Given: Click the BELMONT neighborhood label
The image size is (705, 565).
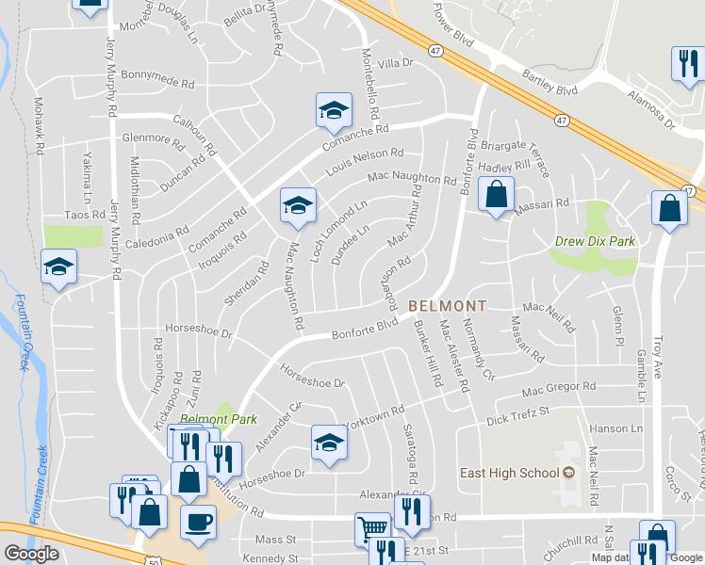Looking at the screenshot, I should (x=448, y=306).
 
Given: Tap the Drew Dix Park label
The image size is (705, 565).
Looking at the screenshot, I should (x=594, y=242).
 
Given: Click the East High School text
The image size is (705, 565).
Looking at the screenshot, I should (x=509, y=473).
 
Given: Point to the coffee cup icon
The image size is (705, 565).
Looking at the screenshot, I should (x=198, y=521).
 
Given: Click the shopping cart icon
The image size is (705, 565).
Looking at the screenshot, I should (x=372, y=529).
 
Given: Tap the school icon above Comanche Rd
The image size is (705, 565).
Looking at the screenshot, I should (x=333, y=110).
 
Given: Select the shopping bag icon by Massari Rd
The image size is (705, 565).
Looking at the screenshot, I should (x=496, y=195).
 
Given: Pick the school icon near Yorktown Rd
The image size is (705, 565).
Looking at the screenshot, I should (x=329, y=442).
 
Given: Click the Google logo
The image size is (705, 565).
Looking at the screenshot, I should (x=31, y=554).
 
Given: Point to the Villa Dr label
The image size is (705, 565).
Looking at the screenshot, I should (x=396, y=63).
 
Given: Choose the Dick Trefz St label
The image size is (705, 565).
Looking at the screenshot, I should (x=517, y=417).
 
